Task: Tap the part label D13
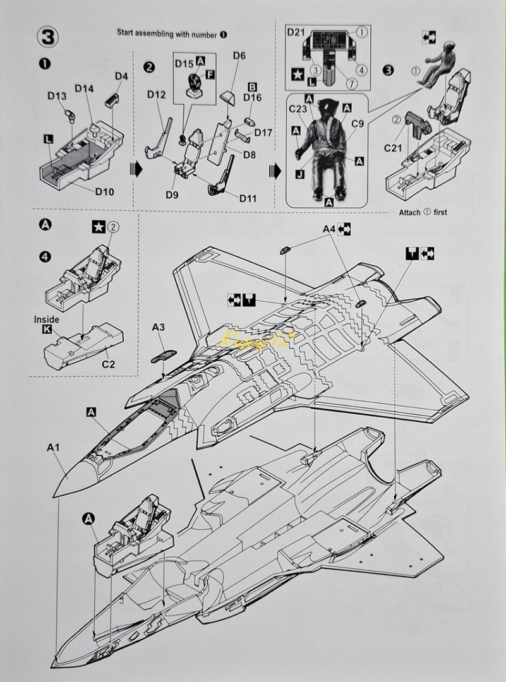pos(57,96)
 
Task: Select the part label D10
pos(105,191)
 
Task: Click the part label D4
pos(121,76)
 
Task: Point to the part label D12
pos(156,95)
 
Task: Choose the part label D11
pos(248,198)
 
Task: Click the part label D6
pos(239,56)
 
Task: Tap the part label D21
pos(297,33)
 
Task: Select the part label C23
pos(298,109)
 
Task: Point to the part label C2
pos(109,364)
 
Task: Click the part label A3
pos(159,327)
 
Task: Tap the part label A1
pos(53,447)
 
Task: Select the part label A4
pos(329,229)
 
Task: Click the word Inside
pos(47,320)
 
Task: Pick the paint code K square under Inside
pos(47,330)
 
